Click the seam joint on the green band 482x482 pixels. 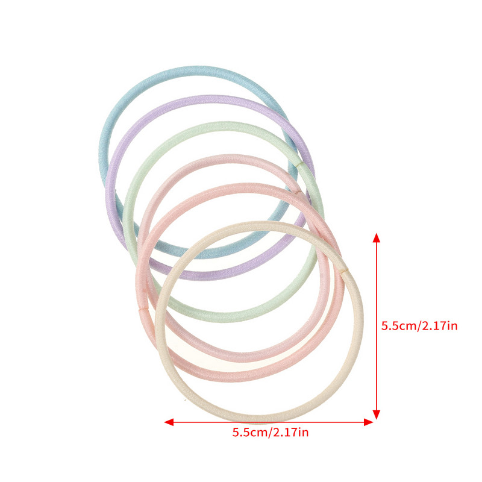(x=298, y=165)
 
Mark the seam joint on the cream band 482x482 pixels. (x=345, y=271)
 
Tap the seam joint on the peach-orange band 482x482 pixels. (x=143, y=308)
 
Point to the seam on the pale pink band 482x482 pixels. (x=298, y=192)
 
